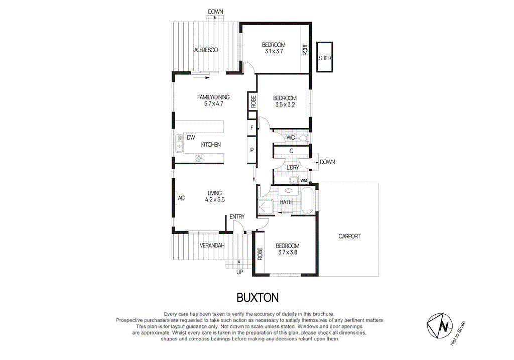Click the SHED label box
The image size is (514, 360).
[325, 58]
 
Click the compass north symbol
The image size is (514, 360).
[443, 326]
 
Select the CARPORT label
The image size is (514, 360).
[349, 236]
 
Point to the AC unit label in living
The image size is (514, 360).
[181, 198]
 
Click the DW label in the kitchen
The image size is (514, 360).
[191, 137]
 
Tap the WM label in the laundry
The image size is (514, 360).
[303, 180]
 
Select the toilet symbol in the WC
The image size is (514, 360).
[303, 138]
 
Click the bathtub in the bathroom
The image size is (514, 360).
[307, 199]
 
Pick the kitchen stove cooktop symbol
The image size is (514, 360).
[199, 158]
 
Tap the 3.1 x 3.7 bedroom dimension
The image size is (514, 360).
[274, 51]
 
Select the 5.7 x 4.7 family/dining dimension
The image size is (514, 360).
[213, 104]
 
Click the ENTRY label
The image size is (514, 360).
[237, 217]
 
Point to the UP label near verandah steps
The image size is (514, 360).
[240, 273]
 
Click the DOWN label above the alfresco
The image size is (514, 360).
[215, 12]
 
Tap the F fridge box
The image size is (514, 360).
[251, 128]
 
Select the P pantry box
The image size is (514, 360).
[251, 150]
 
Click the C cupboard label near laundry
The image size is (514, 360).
[291, 151]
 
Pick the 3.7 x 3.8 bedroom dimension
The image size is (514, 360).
[288, 253]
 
